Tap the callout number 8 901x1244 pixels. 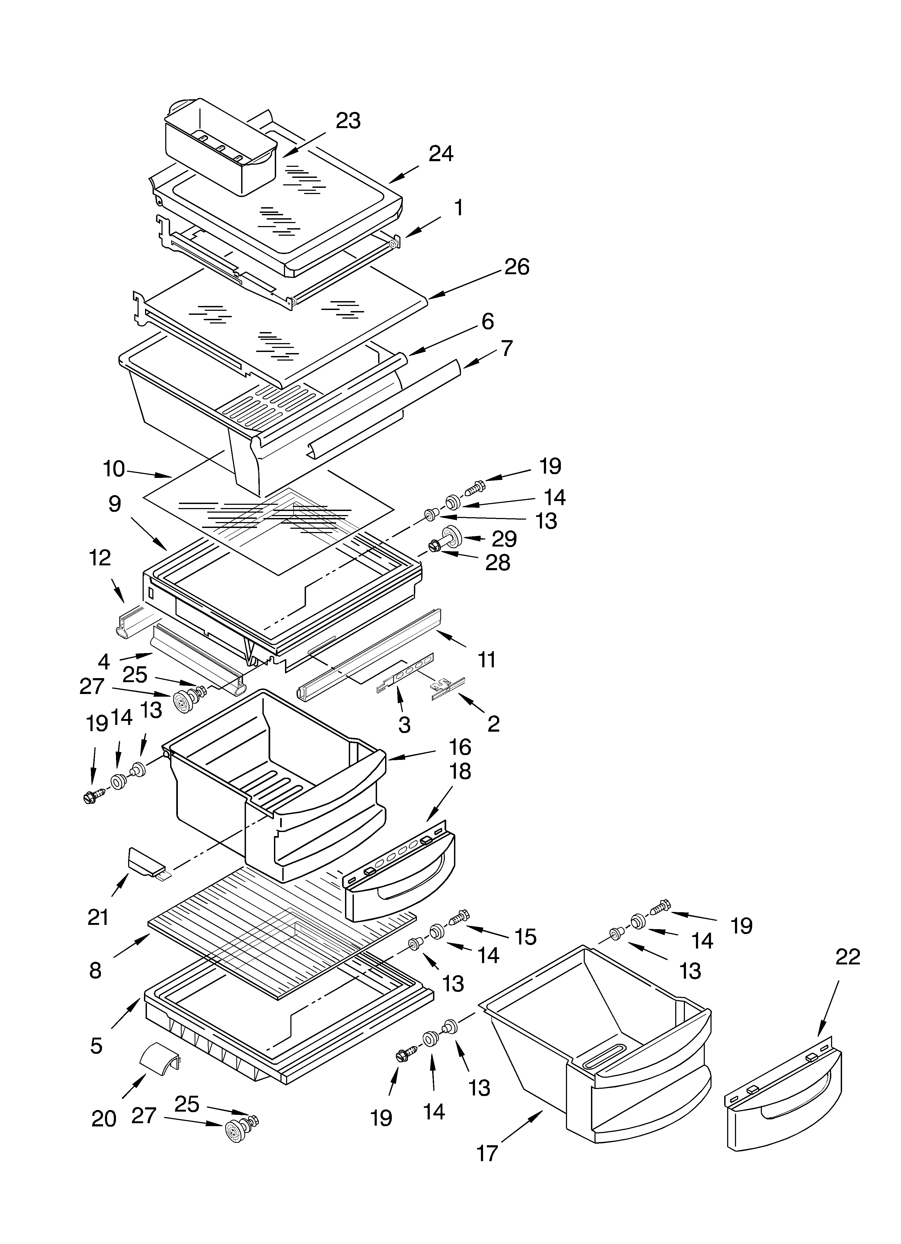tap(96, 971)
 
